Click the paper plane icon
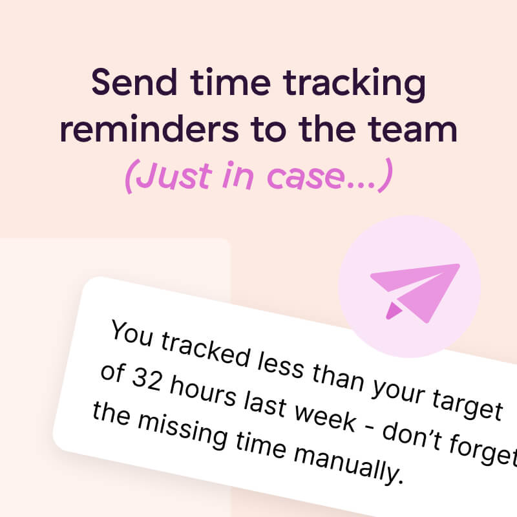coord(414,291)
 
